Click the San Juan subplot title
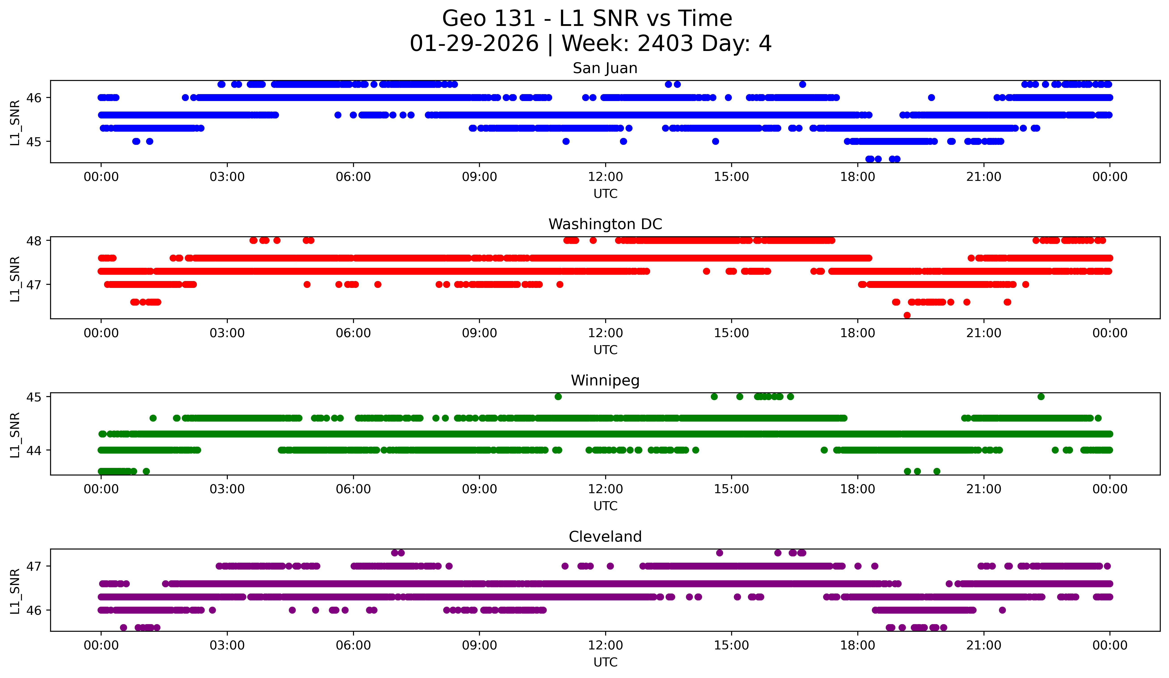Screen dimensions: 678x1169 point(605,68)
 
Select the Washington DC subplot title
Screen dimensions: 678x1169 point(605,224)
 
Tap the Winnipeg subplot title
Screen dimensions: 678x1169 point(605,380)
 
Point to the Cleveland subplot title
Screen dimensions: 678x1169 point(605,537)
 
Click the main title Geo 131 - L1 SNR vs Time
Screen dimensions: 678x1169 point(587,19)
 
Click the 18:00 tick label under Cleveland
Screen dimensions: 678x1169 point(857,645)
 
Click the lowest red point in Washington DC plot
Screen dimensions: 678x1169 point(907,315)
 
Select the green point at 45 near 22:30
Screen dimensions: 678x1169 point(1041,397)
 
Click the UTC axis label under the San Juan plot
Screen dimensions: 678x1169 point(605,194)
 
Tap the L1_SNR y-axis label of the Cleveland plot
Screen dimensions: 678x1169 point(15,591)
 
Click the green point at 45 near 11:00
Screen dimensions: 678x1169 point(558,397)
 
